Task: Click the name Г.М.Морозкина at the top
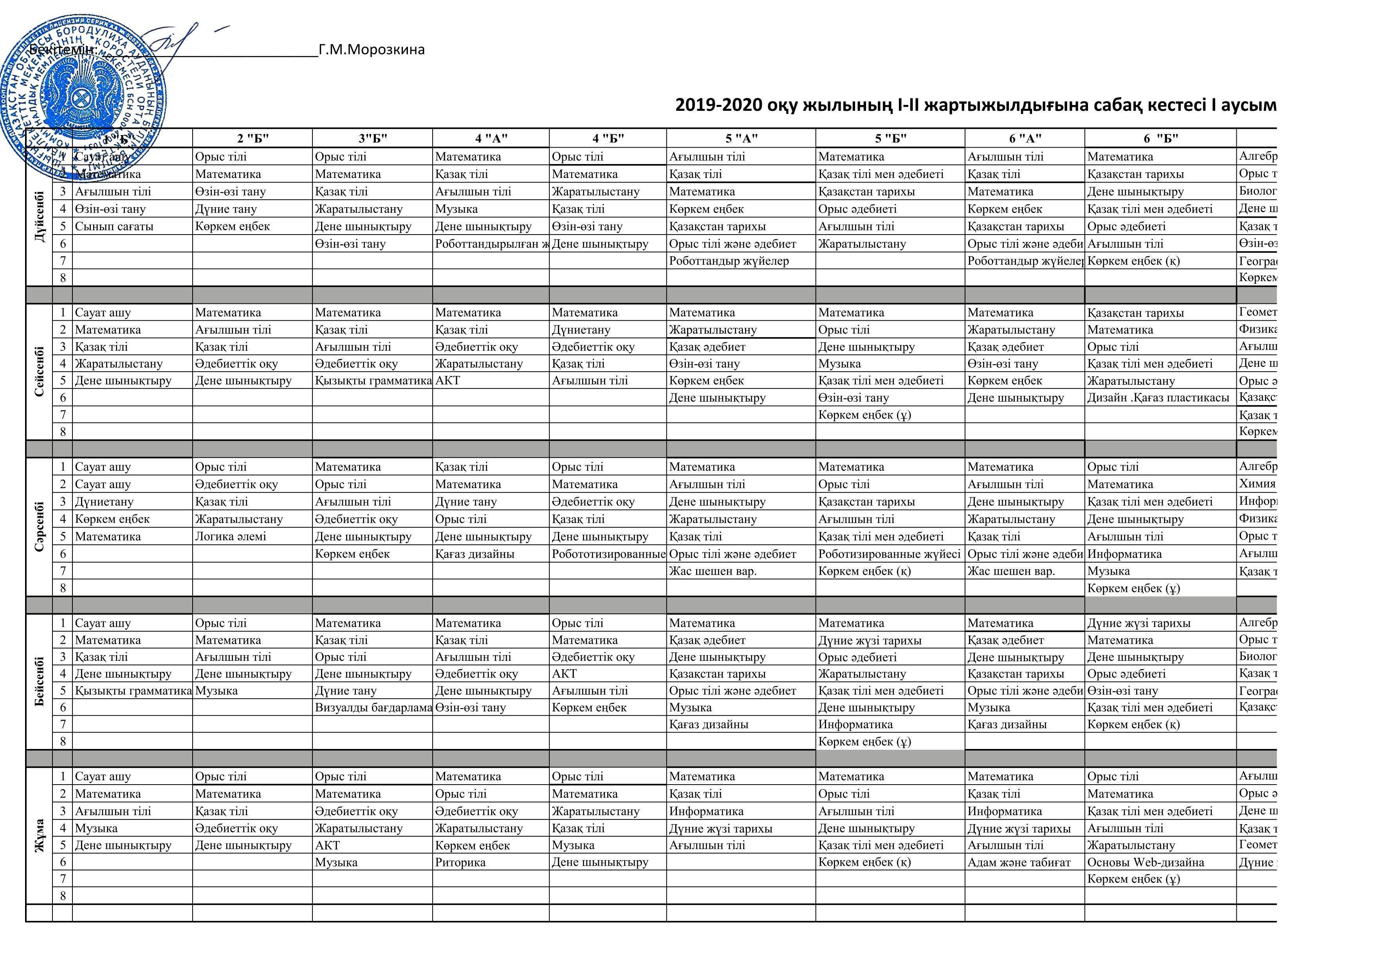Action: pos(372,50)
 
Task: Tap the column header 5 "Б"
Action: pos(890,139)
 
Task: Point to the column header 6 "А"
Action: pos(1025,139)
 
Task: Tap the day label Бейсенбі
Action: pos(40,682)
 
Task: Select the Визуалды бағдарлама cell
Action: pos(373,708)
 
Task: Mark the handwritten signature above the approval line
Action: pos(179,42)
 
